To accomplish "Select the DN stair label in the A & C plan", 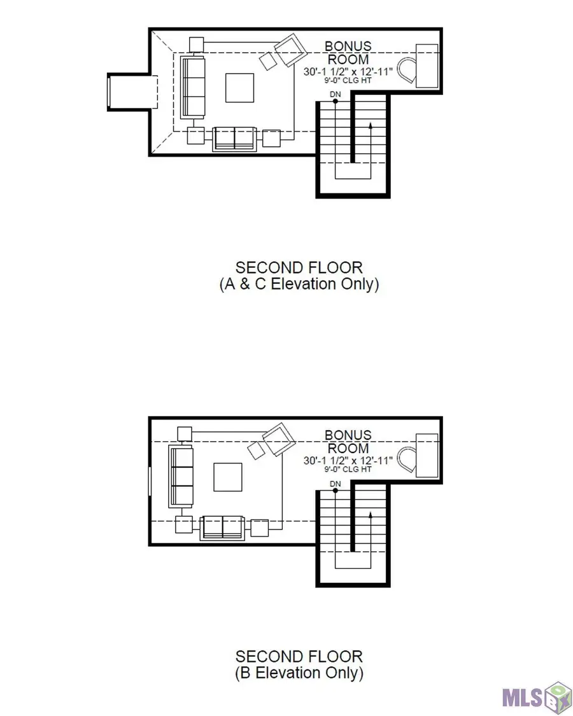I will tap(336, 95).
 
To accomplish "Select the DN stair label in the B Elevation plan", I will tap(336, 484).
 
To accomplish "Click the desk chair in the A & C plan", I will tap(405, 69).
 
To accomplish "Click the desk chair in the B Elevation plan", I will tap(405, 459).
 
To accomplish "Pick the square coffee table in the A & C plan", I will tap(239, 88).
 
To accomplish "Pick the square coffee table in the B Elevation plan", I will tap(227, 477).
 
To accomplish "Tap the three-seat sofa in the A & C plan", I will tap(192, 87).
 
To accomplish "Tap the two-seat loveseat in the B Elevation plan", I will tap(222, 528).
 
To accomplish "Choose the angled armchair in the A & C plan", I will tap(290, 51).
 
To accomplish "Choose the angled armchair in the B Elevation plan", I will tap(278, 439).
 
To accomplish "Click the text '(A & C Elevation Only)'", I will tap(299, 284).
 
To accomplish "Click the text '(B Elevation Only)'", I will tap(299, 673).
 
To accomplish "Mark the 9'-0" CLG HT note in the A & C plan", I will tap(347, 81).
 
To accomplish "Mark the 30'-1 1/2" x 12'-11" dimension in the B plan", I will tap(347, 460).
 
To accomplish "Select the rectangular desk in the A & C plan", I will tap(427, 66).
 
